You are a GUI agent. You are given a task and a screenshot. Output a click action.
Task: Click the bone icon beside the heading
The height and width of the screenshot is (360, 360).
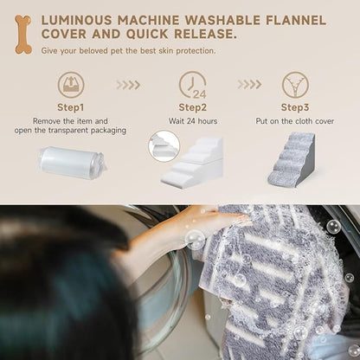(23, 35)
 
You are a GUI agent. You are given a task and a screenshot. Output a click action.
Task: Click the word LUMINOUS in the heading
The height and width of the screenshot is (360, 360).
(77, 21)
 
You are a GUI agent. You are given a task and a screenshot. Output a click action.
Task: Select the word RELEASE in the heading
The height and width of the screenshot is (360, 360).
(205, 34)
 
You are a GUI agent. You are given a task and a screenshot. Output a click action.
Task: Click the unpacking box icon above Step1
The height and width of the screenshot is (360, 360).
(71, 85)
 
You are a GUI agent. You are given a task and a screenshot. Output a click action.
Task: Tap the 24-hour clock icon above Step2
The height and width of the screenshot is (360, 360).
(193, 85)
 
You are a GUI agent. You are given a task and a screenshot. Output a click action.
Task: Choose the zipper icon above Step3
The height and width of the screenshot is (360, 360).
(295, 85)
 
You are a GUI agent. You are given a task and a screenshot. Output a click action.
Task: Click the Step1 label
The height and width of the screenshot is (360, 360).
(71, 107)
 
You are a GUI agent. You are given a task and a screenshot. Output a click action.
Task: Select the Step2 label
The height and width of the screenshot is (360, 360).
(193, 107)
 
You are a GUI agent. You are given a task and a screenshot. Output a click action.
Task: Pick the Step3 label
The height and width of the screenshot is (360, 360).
(295, 107)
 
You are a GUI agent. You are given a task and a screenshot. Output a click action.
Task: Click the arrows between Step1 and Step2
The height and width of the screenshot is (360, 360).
(128, 85)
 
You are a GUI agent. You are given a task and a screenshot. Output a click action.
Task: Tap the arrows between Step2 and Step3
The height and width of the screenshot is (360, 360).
(250, 85)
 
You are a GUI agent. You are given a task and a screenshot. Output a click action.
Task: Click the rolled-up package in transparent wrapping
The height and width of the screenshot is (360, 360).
(72, 162)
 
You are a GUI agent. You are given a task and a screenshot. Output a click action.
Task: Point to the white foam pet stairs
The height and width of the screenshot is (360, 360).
(192, 162)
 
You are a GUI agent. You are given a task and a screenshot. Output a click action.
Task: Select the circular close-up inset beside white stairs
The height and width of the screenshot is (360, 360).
(164, 146)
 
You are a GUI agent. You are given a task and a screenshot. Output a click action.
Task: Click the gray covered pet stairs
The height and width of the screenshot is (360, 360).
(291, 159)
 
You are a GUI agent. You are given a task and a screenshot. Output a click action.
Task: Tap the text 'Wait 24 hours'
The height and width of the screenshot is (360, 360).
(193, 121)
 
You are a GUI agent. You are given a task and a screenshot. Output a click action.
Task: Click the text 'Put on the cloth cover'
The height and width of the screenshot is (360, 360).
(295, 121)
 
